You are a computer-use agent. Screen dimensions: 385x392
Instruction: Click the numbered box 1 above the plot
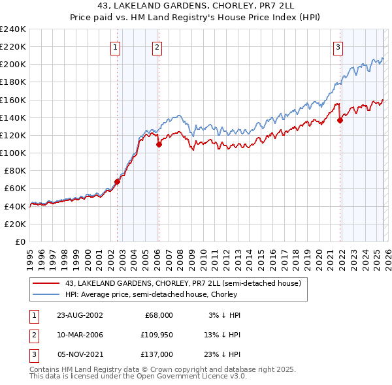tap(115, 46)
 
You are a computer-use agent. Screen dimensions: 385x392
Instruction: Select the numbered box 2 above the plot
tap(157, 46)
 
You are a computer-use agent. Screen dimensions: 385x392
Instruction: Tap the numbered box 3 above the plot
tap(338, 46)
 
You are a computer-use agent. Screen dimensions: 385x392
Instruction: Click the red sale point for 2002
tap(118, 181)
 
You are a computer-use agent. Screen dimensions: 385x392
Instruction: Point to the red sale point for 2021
tap(340, 120)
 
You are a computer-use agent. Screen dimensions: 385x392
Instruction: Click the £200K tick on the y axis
tap(13, 65)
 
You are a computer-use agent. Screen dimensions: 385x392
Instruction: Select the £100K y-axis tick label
tap(13, 153)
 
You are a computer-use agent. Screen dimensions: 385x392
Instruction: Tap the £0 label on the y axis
tap(20, 241)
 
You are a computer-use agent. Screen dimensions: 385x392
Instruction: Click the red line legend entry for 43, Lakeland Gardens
tap(183, 283)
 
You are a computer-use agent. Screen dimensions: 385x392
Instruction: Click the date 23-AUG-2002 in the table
tap(80, 315)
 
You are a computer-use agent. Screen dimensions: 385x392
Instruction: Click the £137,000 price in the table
tap(157, 354)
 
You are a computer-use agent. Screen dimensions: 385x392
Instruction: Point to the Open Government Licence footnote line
tap(138, 377)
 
